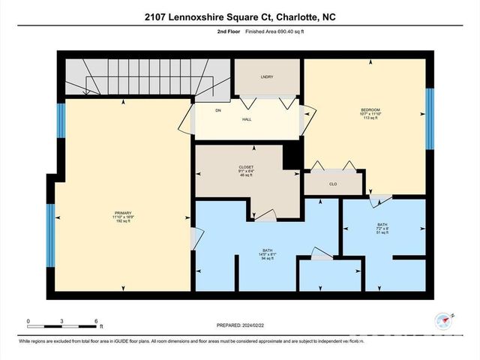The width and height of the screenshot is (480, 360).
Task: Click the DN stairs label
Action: pyautogui.click(x=218, y=111)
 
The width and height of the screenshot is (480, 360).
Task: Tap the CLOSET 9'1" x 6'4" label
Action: pyautogui.click(x=246, y=170)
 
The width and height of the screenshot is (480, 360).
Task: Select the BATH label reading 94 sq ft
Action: pyautogui.click(x=267, y=253)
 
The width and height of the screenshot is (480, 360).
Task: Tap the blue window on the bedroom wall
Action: pyautogui.click(x=430, y=118)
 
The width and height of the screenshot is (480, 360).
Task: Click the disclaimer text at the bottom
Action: pyautogui.click(x=184, y=342)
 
